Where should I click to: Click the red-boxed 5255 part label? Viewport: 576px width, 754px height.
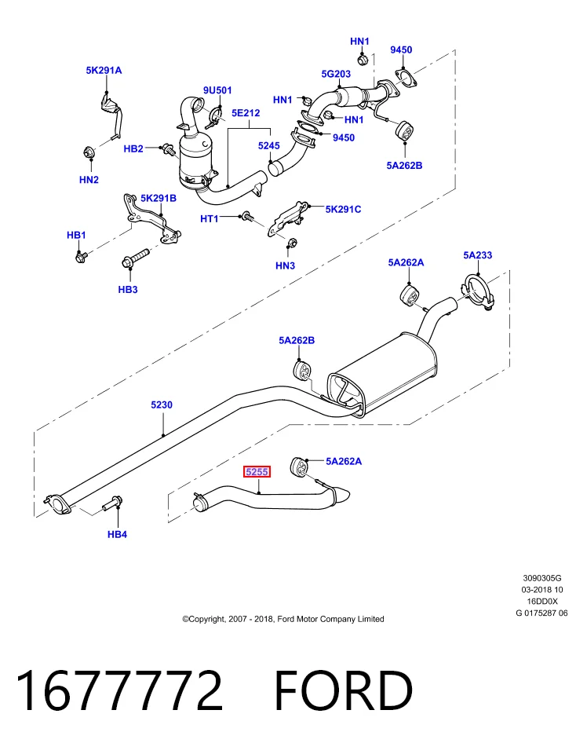(257, 472)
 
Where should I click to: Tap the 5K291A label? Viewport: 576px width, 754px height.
(104, 70)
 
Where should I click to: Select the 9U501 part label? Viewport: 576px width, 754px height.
(217, 90)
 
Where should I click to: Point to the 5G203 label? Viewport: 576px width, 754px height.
(336, 74)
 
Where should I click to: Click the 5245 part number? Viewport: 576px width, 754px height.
(268, 145)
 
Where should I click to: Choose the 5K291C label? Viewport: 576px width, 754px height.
(343, 209)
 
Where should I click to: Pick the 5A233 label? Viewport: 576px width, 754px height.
(478, 254)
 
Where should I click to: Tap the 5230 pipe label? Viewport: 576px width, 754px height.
(162, 404)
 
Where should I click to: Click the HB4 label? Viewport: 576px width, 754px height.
(117, 534)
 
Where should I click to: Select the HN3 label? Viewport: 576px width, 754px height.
(285, 265)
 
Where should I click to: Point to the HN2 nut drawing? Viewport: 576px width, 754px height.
(89, 152)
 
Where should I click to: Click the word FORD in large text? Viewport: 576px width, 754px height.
(343, 691)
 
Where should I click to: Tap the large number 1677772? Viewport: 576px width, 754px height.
(120, 691)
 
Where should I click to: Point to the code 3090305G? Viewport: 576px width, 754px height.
(542, 578)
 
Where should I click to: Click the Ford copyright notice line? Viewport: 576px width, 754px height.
(283, 619)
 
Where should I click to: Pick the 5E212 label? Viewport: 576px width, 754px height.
(246, 112)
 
